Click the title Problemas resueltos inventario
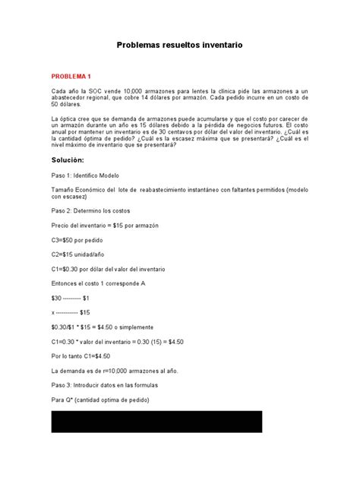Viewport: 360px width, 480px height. point(179,46)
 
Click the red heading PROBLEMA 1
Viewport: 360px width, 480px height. point(71,77)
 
